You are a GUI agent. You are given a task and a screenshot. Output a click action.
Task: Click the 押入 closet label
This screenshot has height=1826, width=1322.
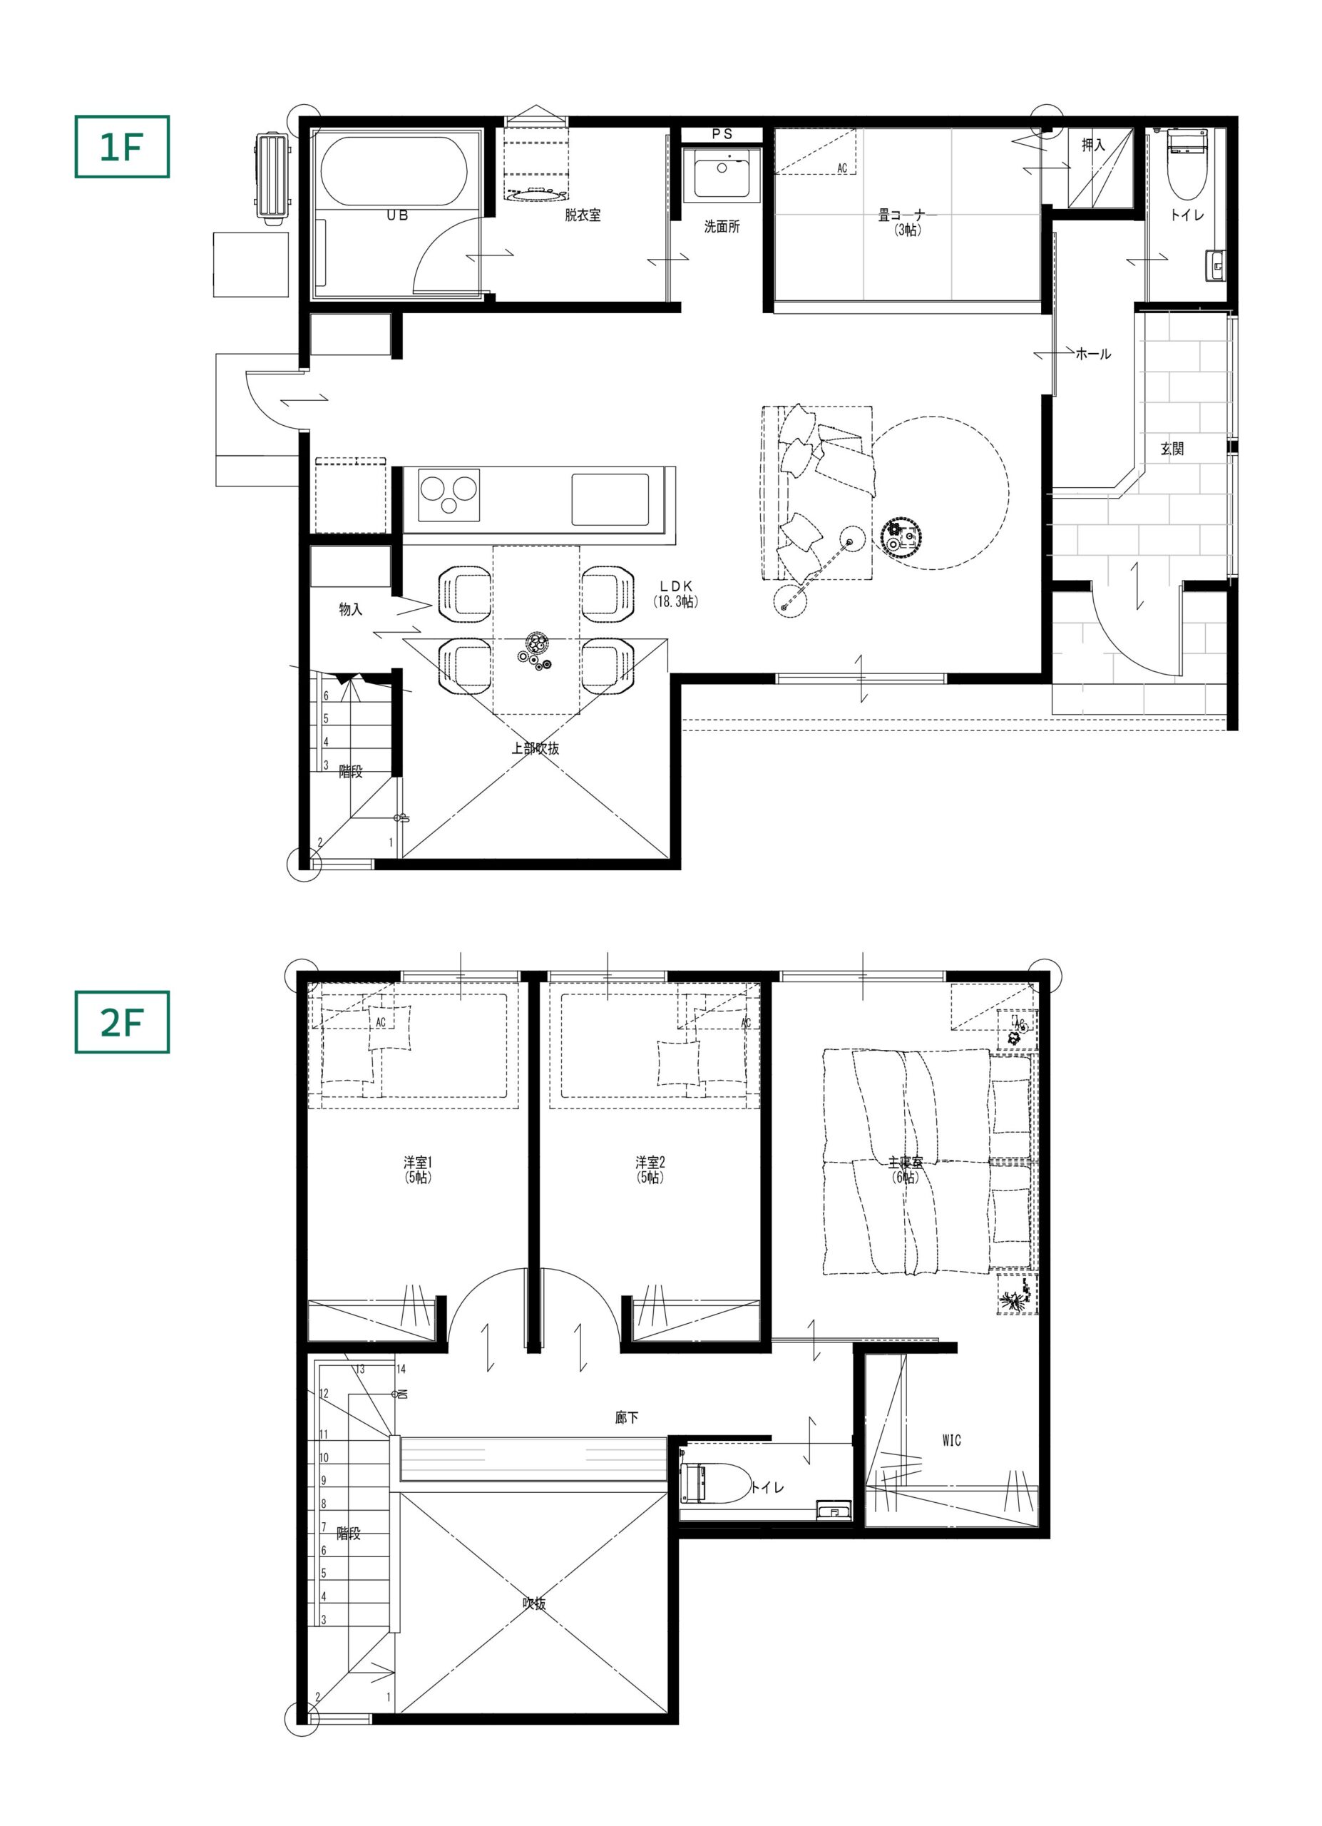pyautogui.click(x=1092, y=146)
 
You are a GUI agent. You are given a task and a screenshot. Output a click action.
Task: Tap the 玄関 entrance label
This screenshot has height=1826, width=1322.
pyautogui.click(x=1172, y=449)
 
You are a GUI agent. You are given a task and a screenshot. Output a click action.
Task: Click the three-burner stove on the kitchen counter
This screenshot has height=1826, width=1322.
pyautogui.click(x=449, y=494)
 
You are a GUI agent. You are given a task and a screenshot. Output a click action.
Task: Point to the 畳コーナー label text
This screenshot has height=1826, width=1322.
pyautogui.click(x=908, y=216)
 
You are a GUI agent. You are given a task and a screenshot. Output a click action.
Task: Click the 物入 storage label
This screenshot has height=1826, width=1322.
pyautogui.click(x=350, y=609)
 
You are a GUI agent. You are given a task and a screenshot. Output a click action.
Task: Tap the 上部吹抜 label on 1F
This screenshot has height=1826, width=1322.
pyautogui.click(x=535, y=748)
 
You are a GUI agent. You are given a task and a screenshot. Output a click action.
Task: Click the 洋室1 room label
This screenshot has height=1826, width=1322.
pyautogui.click(x=418, y=1163)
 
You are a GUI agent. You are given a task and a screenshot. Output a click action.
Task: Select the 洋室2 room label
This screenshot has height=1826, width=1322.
pyautogui.click(x=650, y=1163)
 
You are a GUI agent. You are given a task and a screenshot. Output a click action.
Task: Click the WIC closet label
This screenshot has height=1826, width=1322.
pyautogui.click(x=951, y=1440)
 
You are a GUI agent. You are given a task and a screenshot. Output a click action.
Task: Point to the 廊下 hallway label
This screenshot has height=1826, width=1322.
pyautogui.click(x=627, y=1418)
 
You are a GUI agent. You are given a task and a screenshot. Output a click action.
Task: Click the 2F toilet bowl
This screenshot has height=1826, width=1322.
pyautogui.click(x=715, y=1483)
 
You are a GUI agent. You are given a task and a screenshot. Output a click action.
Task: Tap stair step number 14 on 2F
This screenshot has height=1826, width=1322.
pyautogui.click(x=401, y=1369)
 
